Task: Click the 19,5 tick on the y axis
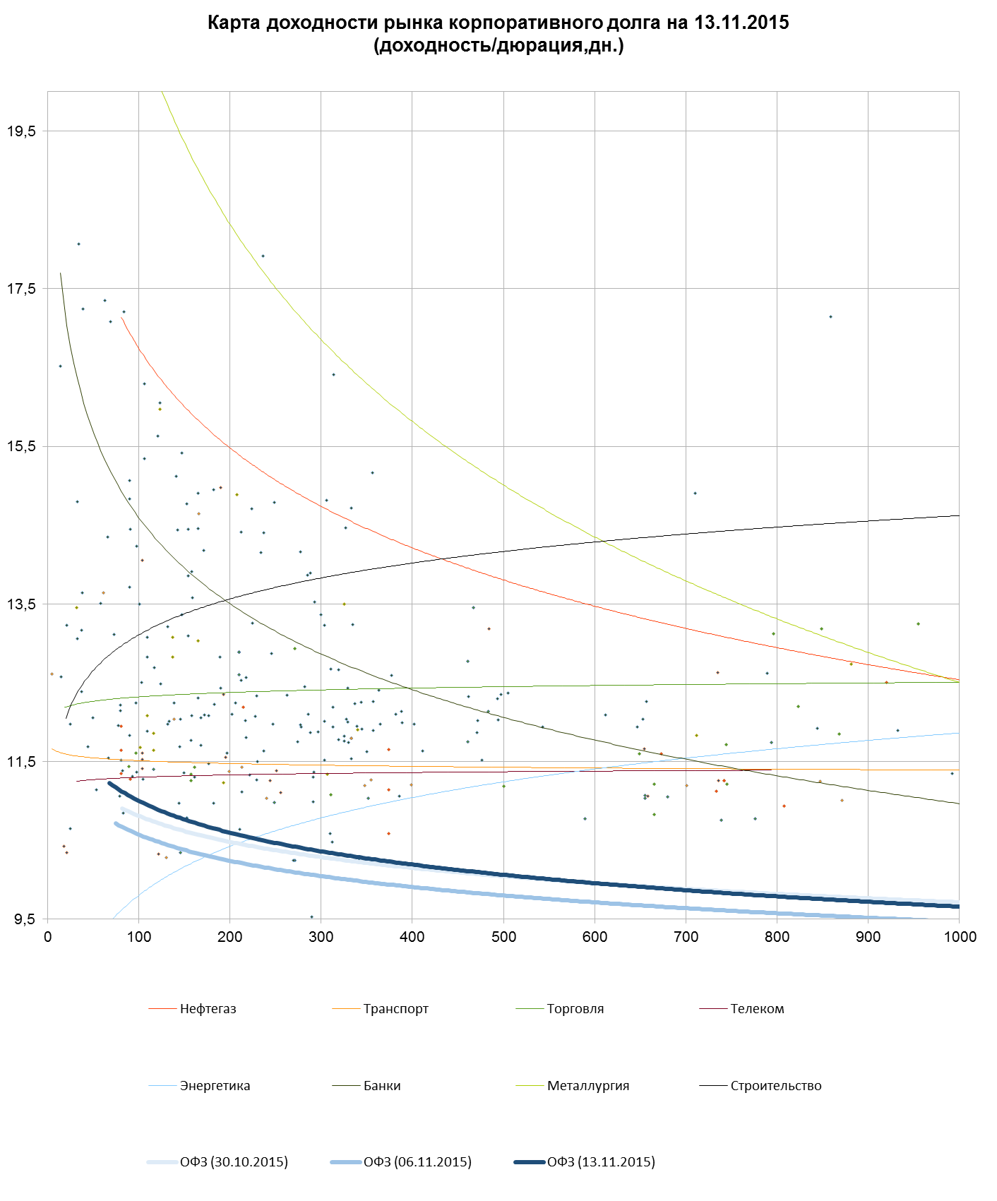[20, 131]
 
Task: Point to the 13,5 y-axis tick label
[20, 604]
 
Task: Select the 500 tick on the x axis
[503, 937]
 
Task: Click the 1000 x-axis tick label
[959, 937]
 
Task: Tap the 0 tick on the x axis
[48, 937]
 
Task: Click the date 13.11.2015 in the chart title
[741, 23]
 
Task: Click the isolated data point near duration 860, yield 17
[831, 317]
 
